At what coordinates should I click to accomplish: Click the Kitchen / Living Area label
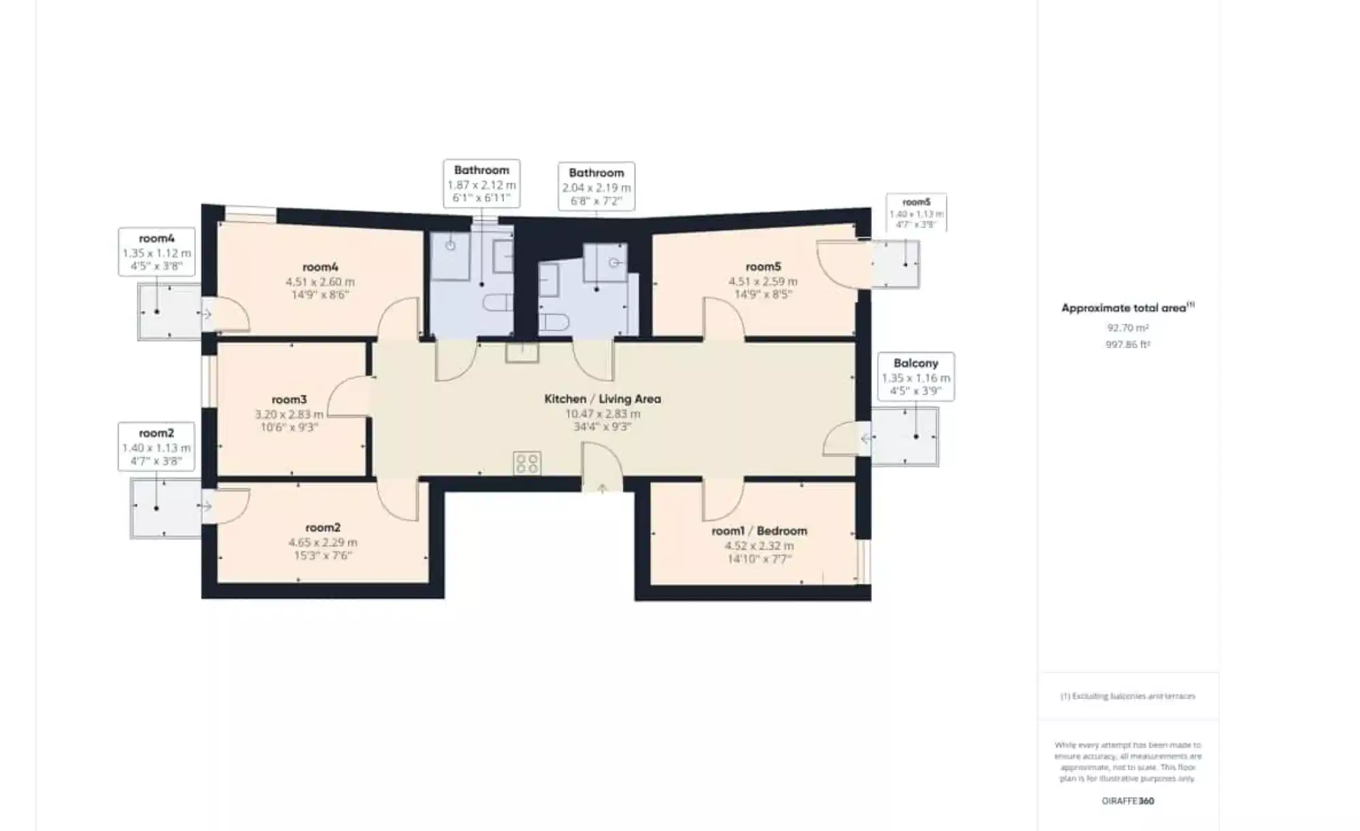coord(602,399)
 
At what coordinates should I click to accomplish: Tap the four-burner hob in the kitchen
coord(527,464)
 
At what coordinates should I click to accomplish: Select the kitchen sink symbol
coord(522,352)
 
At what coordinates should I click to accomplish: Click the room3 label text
coord(289,400)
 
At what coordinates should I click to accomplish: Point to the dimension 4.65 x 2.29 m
coord(322,543)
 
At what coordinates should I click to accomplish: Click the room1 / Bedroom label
coord(759,531)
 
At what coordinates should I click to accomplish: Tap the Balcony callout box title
coord(915,363)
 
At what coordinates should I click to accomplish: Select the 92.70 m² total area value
coord(1127,328)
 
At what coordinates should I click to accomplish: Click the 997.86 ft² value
coord(1127,345)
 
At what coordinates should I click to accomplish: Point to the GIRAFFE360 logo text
coord(1127,801)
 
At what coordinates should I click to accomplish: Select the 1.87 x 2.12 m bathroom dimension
coord(481,185)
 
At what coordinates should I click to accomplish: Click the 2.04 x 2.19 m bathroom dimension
coord(596,188)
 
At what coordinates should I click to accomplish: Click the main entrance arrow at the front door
coord(602,488)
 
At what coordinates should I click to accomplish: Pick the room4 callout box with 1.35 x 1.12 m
coord(156,252)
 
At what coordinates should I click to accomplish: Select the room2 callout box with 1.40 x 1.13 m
coord(156,447)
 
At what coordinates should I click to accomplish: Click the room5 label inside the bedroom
coord(763,267)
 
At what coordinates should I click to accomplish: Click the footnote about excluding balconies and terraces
coord(1127,696)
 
